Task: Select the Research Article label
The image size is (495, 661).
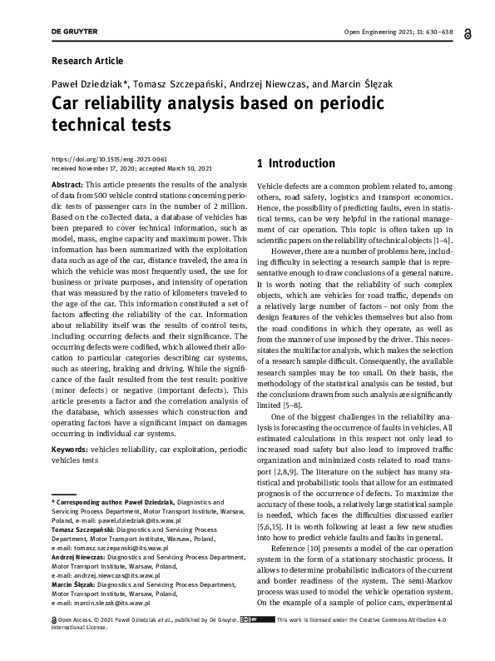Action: pos(87,61)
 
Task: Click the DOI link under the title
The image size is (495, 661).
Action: pos(109,157)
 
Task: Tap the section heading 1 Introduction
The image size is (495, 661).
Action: pos(296,163)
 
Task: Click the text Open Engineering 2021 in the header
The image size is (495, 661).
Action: pos(374,32)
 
